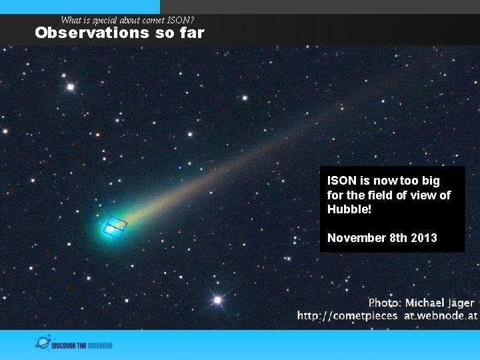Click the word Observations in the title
(x=82, y=33)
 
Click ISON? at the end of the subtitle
(x=181, y=20)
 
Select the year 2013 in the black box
(x=424, y=238)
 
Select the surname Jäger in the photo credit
(x=459, y=303)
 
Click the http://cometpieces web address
(x=347, y=316)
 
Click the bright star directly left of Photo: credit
(x=217, y=300)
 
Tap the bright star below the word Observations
(x=70, y=87)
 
